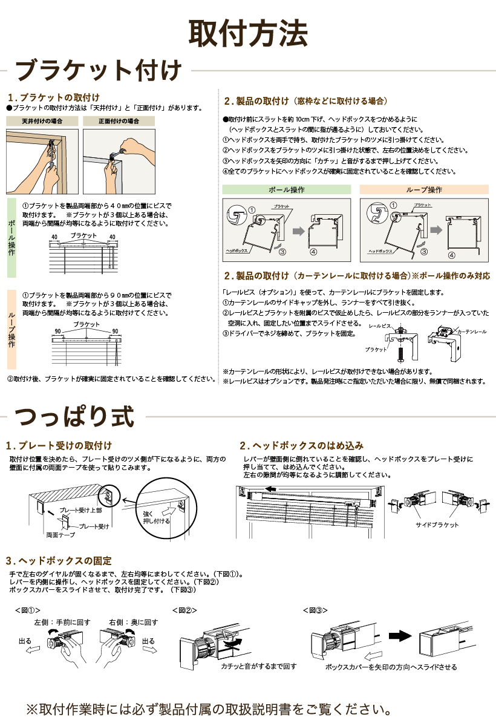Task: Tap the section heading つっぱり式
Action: pos(73,416)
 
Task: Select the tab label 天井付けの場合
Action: pos(42,121)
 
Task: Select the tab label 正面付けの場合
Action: pos(119,121)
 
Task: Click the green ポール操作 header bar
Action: pos(286,189)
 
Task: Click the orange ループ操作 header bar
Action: pos(423,189)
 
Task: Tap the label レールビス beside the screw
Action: pos(379,326)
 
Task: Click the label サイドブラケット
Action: pos(437,525)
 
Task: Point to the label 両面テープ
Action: pos(60,535)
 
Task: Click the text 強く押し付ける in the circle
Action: pos(156,517)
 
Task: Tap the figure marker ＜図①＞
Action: pos(27,610)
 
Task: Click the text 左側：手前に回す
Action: pos(62,622)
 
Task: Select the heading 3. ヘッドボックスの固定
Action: pos(59,561)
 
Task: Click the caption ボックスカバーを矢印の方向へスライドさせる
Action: pos(391,667)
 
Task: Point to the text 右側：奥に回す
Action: pos(134,622)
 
